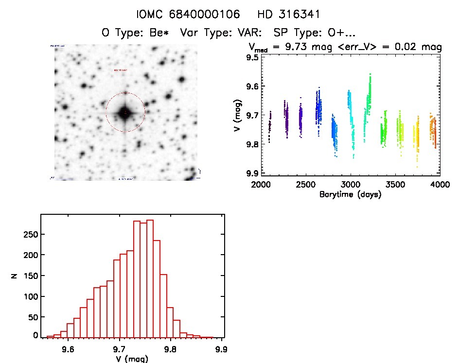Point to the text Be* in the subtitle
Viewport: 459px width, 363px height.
(165, 33)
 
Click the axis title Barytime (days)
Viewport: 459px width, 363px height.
(350, 194)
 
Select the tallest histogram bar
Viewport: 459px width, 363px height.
(150, 278)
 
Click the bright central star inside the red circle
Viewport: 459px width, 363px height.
(125, 113)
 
